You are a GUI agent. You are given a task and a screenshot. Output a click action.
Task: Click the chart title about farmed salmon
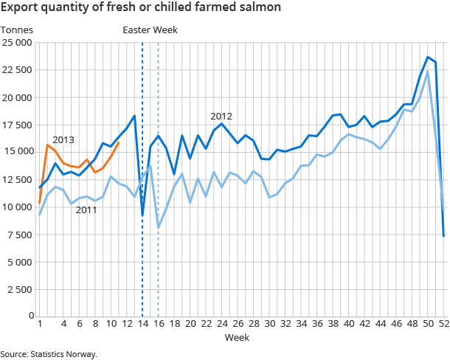[140, 9]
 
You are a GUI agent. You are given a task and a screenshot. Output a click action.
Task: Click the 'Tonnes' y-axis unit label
[16, 30]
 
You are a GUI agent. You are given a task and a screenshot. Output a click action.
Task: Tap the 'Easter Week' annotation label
[150, 30]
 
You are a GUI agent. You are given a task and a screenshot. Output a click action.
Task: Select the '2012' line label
[221, 116]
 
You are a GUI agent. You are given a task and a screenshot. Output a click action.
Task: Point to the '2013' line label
[63, 139]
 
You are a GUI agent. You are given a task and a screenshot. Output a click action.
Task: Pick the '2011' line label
[86, 210]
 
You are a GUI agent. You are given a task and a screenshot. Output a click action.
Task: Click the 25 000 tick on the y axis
[16, 43]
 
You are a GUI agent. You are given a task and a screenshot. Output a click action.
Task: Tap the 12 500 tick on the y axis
[16, 179]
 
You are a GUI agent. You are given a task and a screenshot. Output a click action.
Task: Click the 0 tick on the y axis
[30, 316]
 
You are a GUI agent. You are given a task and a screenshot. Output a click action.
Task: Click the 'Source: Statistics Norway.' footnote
[49, 354]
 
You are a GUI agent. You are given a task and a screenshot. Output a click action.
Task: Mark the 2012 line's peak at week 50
[428, 58]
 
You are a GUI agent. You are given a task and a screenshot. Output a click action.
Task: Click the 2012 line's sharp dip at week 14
[142, 215]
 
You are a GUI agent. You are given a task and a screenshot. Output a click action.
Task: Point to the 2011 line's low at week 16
[159, 227]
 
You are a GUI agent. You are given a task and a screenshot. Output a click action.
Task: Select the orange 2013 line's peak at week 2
[48, 145]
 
